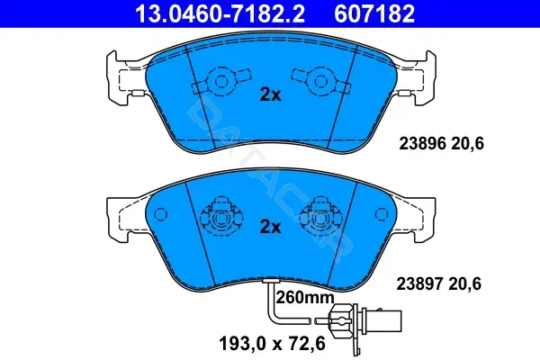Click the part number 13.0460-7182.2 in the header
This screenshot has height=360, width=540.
tap(220, 13)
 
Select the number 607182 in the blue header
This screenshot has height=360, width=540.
tap(374, 13)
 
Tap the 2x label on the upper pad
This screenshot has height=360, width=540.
tap(270, 94)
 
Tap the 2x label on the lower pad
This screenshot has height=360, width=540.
tap(270, 227)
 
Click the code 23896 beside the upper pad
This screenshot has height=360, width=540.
tap(423, 143)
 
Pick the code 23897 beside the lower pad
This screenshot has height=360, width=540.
tap(419, 284)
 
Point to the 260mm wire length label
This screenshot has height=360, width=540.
tap(305, 297)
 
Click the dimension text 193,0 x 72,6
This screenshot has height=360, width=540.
tap(272, 344)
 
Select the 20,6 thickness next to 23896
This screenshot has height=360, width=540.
tap(468, 144)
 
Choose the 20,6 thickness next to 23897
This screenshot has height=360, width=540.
tap(465, 284)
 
